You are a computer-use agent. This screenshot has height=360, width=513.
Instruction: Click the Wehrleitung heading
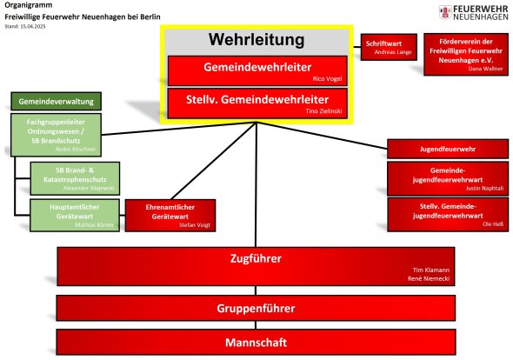click(256, 40)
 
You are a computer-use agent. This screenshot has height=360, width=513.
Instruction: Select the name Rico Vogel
click(327, 79)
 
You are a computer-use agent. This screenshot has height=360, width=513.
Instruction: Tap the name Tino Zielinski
click(324, 111)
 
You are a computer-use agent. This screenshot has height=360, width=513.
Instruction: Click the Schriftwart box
click(389, 47)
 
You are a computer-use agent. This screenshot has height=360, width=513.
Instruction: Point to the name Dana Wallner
click(485, 69)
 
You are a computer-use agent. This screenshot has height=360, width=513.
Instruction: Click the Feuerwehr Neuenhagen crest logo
click(445, 12)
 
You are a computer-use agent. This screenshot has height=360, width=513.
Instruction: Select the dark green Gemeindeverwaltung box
click(56, 102)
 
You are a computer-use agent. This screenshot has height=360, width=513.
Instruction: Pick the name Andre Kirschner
click(76, 150)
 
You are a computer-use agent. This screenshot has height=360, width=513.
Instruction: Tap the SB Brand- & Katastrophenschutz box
click(75, 178)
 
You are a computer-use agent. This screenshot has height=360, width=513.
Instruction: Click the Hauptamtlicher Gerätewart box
click(75, 216)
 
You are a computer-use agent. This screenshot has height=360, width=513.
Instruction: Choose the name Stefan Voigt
click(195, 225)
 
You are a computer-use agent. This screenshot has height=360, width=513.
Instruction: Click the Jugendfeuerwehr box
click(448, 150)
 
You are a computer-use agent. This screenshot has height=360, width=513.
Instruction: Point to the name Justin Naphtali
click(484, 188)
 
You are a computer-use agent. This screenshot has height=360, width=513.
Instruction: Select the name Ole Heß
click(493, 224)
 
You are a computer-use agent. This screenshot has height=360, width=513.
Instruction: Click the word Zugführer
click(256, 258)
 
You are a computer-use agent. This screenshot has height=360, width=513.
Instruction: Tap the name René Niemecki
click(429, 279)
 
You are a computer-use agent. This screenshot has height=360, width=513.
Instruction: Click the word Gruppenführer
click(256, 309)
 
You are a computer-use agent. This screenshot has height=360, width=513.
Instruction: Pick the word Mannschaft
click(256, 343)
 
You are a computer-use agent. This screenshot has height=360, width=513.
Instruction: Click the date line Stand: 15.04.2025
click(25, 26)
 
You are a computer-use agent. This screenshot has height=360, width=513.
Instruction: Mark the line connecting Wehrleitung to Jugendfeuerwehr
click(322, 136)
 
